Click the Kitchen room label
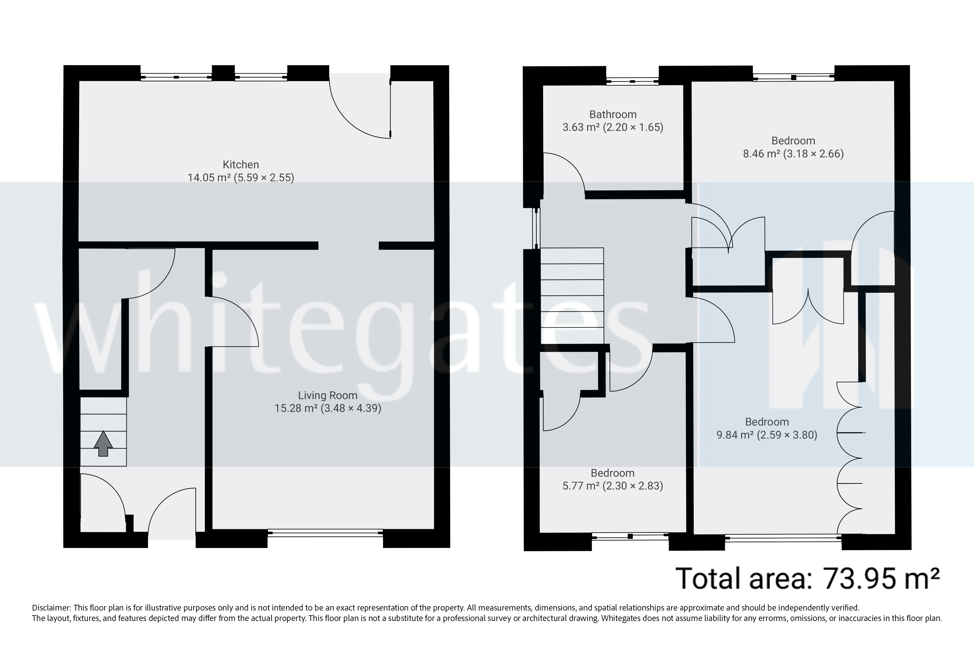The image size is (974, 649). click(x=241, y=164)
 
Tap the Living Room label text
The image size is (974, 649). click(x=327, y=395)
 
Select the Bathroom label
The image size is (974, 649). click(x=612, y=114)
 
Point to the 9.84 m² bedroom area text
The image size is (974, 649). click(x=767, y=435)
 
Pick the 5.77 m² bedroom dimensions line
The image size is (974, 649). click(x=612, y=486)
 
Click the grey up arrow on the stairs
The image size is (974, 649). click(x=103, y=444)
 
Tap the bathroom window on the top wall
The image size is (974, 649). click(x=632, y=81)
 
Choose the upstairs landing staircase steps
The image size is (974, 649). click(x=571, y=296)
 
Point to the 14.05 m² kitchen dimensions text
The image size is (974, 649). click(x=241, y=178)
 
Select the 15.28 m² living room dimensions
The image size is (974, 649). click(x=327, y=408)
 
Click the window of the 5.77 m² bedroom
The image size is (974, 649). click(x=630, y=536)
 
